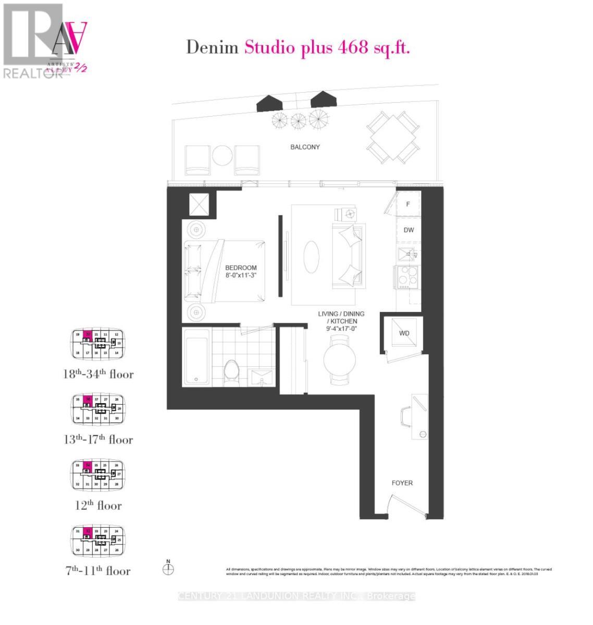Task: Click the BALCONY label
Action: pyautogui.click(x=305, y=147)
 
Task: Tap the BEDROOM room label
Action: pyautogui.click(x=241, y=268)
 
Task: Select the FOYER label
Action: pyautogui.click(x=402, y=483)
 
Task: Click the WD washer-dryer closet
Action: pyautogui.click(x=404, y=333)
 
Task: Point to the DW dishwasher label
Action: pyautogui.click(x=409, y=230)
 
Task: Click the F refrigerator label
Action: pyautogui.click(x=408, y=204)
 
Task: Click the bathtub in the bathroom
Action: pyautogui.click(x=196, y=357)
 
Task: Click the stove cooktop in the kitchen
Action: pyautogui.click(x=407, y=277)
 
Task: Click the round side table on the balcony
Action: pyautogui.click(x=223, y=155)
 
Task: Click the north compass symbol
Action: pyautogui.click(x=168, y=569)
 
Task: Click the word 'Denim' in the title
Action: pyautogui.click(x=213, y=47)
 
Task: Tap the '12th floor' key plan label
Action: pyautogui.click(x=98, y=505)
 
